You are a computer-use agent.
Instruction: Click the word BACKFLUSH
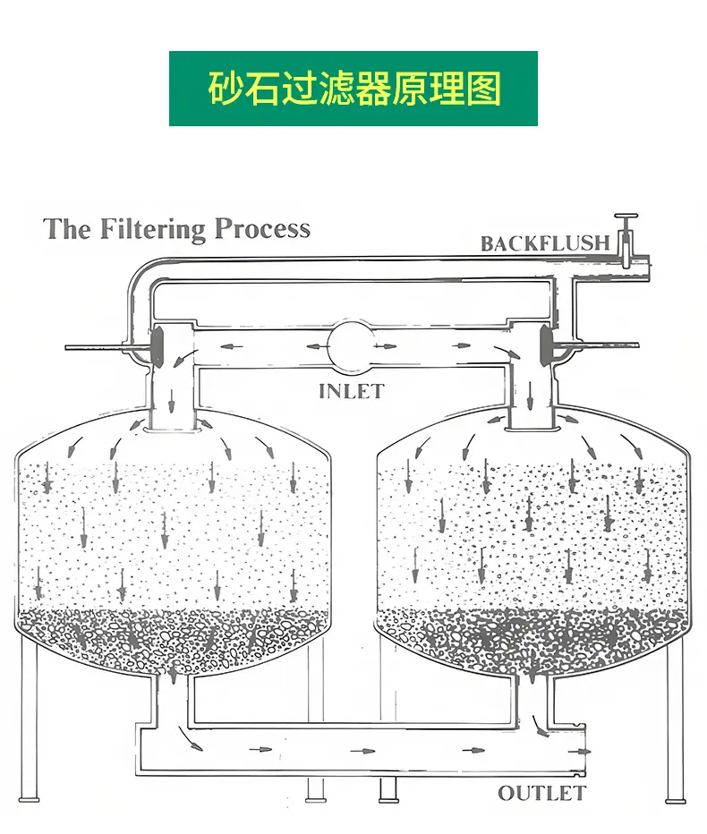click(545, 243)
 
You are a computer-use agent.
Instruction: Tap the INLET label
click(351, 391)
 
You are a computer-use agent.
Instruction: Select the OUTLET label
click(541, 794)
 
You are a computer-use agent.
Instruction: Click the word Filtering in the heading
click(152, 229)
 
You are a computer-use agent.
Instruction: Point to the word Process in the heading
click(262, 228)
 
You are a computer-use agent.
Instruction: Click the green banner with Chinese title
click(353, 89)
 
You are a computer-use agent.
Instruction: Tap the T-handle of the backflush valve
click(626, 217)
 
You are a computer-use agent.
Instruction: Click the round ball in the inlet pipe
click(351, 346)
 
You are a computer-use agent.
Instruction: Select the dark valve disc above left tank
click(158, 346)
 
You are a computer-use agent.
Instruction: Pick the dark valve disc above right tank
click(546, 345)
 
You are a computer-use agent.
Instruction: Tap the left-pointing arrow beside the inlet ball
click(318, 347)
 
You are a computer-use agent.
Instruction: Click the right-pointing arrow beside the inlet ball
click(385, 347)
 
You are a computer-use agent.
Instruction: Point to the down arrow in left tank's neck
click(171, 402)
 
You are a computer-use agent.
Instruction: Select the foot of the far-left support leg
click(29, 799)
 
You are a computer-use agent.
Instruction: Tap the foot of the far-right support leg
click(676, 800)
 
